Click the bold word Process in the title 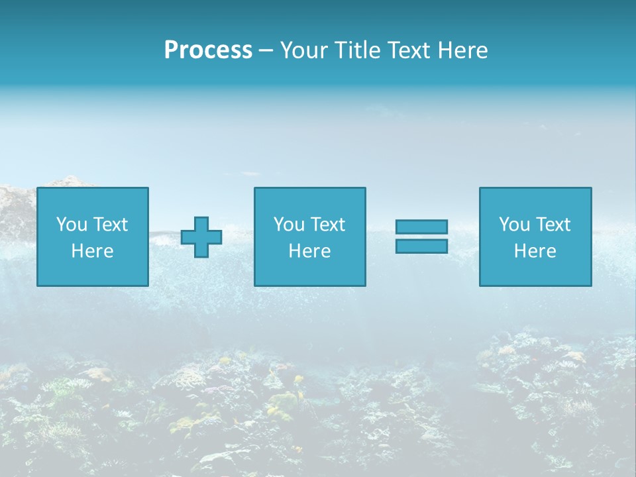click(x=208, y=50)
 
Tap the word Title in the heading click(x=354, y=50)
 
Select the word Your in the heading click(x=303, y=50)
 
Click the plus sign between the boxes click(x=201, y=237)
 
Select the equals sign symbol click(x=421, y=237)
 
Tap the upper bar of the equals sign click(x=421, y=227)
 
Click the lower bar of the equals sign click(x=421, y=246)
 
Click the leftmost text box click(x=93, y=237)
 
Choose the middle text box click(x=309, y=237)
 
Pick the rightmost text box click(x=535, y=237)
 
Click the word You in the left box click(x=72, y=225)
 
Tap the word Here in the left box click(x=93, y=251)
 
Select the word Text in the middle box click(x=327, y=225)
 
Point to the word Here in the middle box click(x=309, y=251)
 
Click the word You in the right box click(x=514, y=225)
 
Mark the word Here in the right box click(x=535, y=251)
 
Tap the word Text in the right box click(x=553, y=225)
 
